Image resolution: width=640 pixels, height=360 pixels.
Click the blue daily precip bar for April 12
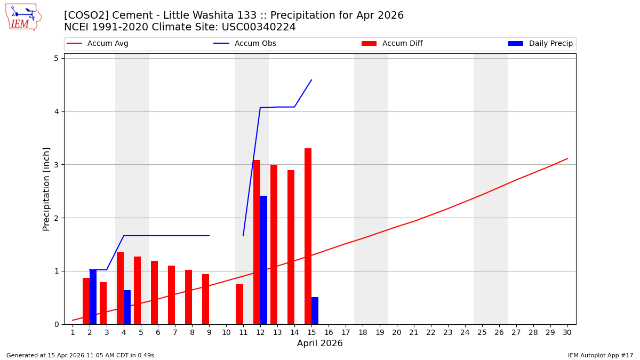coord(263,260)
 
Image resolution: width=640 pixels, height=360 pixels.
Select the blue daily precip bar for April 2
coord(93,297)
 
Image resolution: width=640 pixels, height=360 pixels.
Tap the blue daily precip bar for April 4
coord(127,307)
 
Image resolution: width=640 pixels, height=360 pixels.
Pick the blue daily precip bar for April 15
coord(315,311)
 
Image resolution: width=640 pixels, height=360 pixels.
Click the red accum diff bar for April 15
coord(308,236)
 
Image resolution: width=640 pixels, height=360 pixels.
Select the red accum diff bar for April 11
coord(239,304)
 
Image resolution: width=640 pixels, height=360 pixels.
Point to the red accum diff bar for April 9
coord(205,299)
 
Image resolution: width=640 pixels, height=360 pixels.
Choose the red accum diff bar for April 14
coord(291,247)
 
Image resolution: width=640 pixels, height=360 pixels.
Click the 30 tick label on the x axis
coord(567,332)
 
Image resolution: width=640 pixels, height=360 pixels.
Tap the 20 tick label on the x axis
coord(396,332)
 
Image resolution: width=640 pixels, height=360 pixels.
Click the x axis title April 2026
coord(320,343)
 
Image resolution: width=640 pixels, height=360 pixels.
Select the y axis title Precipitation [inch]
coord(46,189)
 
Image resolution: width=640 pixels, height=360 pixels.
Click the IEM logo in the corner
coord(23,17)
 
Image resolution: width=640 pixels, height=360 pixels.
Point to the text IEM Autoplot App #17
coord(601,355)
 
